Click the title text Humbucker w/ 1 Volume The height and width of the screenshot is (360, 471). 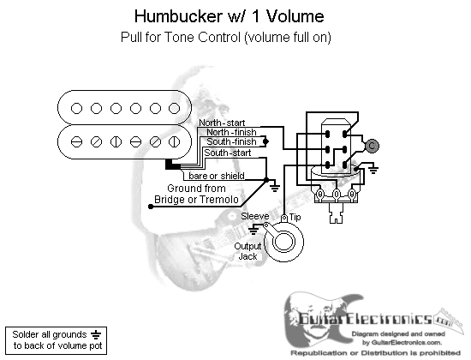point(229,16)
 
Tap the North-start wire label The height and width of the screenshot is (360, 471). point(222,123)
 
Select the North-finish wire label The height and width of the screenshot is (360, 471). point(231,132)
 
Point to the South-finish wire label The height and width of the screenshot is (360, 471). point(231,141)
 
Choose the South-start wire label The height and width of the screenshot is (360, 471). point(228,153)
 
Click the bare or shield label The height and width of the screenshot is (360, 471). point(217,176)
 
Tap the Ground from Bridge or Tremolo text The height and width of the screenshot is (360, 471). point(196,194)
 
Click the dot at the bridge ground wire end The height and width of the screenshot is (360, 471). point(151,207)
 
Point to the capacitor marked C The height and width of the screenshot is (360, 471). point(372,146)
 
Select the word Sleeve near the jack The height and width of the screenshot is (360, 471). point(254,216)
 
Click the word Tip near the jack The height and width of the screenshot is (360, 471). point(295,217)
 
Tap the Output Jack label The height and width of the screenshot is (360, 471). point(247,251)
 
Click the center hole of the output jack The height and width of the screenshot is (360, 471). point(283,242)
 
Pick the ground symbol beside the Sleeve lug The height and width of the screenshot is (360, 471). point(253,231)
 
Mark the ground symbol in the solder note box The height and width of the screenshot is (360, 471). point(96,334)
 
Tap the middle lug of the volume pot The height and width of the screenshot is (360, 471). point(337,194)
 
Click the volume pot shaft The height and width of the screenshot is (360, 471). point(337,213)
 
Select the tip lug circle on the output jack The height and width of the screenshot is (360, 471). point(283,218)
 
